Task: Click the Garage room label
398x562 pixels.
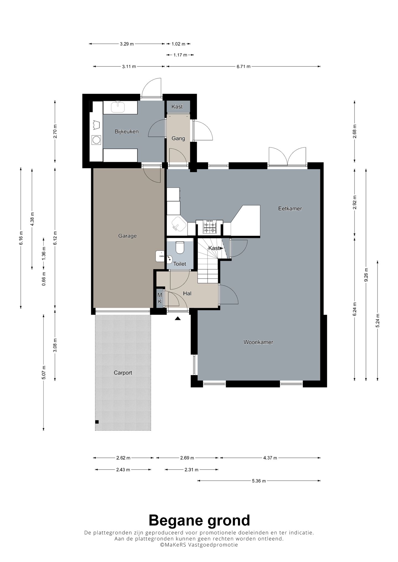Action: [x=127, y=236]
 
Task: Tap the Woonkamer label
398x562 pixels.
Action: [x=258, y=342]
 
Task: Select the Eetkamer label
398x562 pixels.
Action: [x=290, y=209]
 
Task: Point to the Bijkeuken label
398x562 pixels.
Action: [x=127, y=132]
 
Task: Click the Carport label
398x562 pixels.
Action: [x=123, y=373]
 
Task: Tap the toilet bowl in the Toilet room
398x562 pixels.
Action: [x=180, y=247]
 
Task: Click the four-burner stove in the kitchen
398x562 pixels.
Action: [x=209, y=227]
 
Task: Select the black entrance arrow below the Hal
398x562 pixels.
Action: [x=177, y=318]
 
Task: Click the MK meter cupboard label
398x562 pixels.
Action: [x=159, y=298]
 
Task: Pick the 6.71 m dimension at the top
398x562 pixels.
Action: [x=243, y=66]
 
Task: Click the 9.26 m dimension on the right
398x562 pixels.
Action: [x=366, y=275]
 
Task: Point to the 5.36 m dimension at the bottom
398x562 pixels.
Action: [x=259, y=481]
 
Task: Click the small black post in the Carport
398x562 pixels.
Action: [x=97, y=422]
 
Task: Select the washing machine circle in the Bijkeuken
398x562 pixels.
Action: [x=96, y=140]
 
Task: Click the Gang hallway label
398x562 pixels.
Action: [x=178, y=138]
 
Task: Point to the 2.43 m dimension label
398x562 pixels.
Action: [x=123, y=470]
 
